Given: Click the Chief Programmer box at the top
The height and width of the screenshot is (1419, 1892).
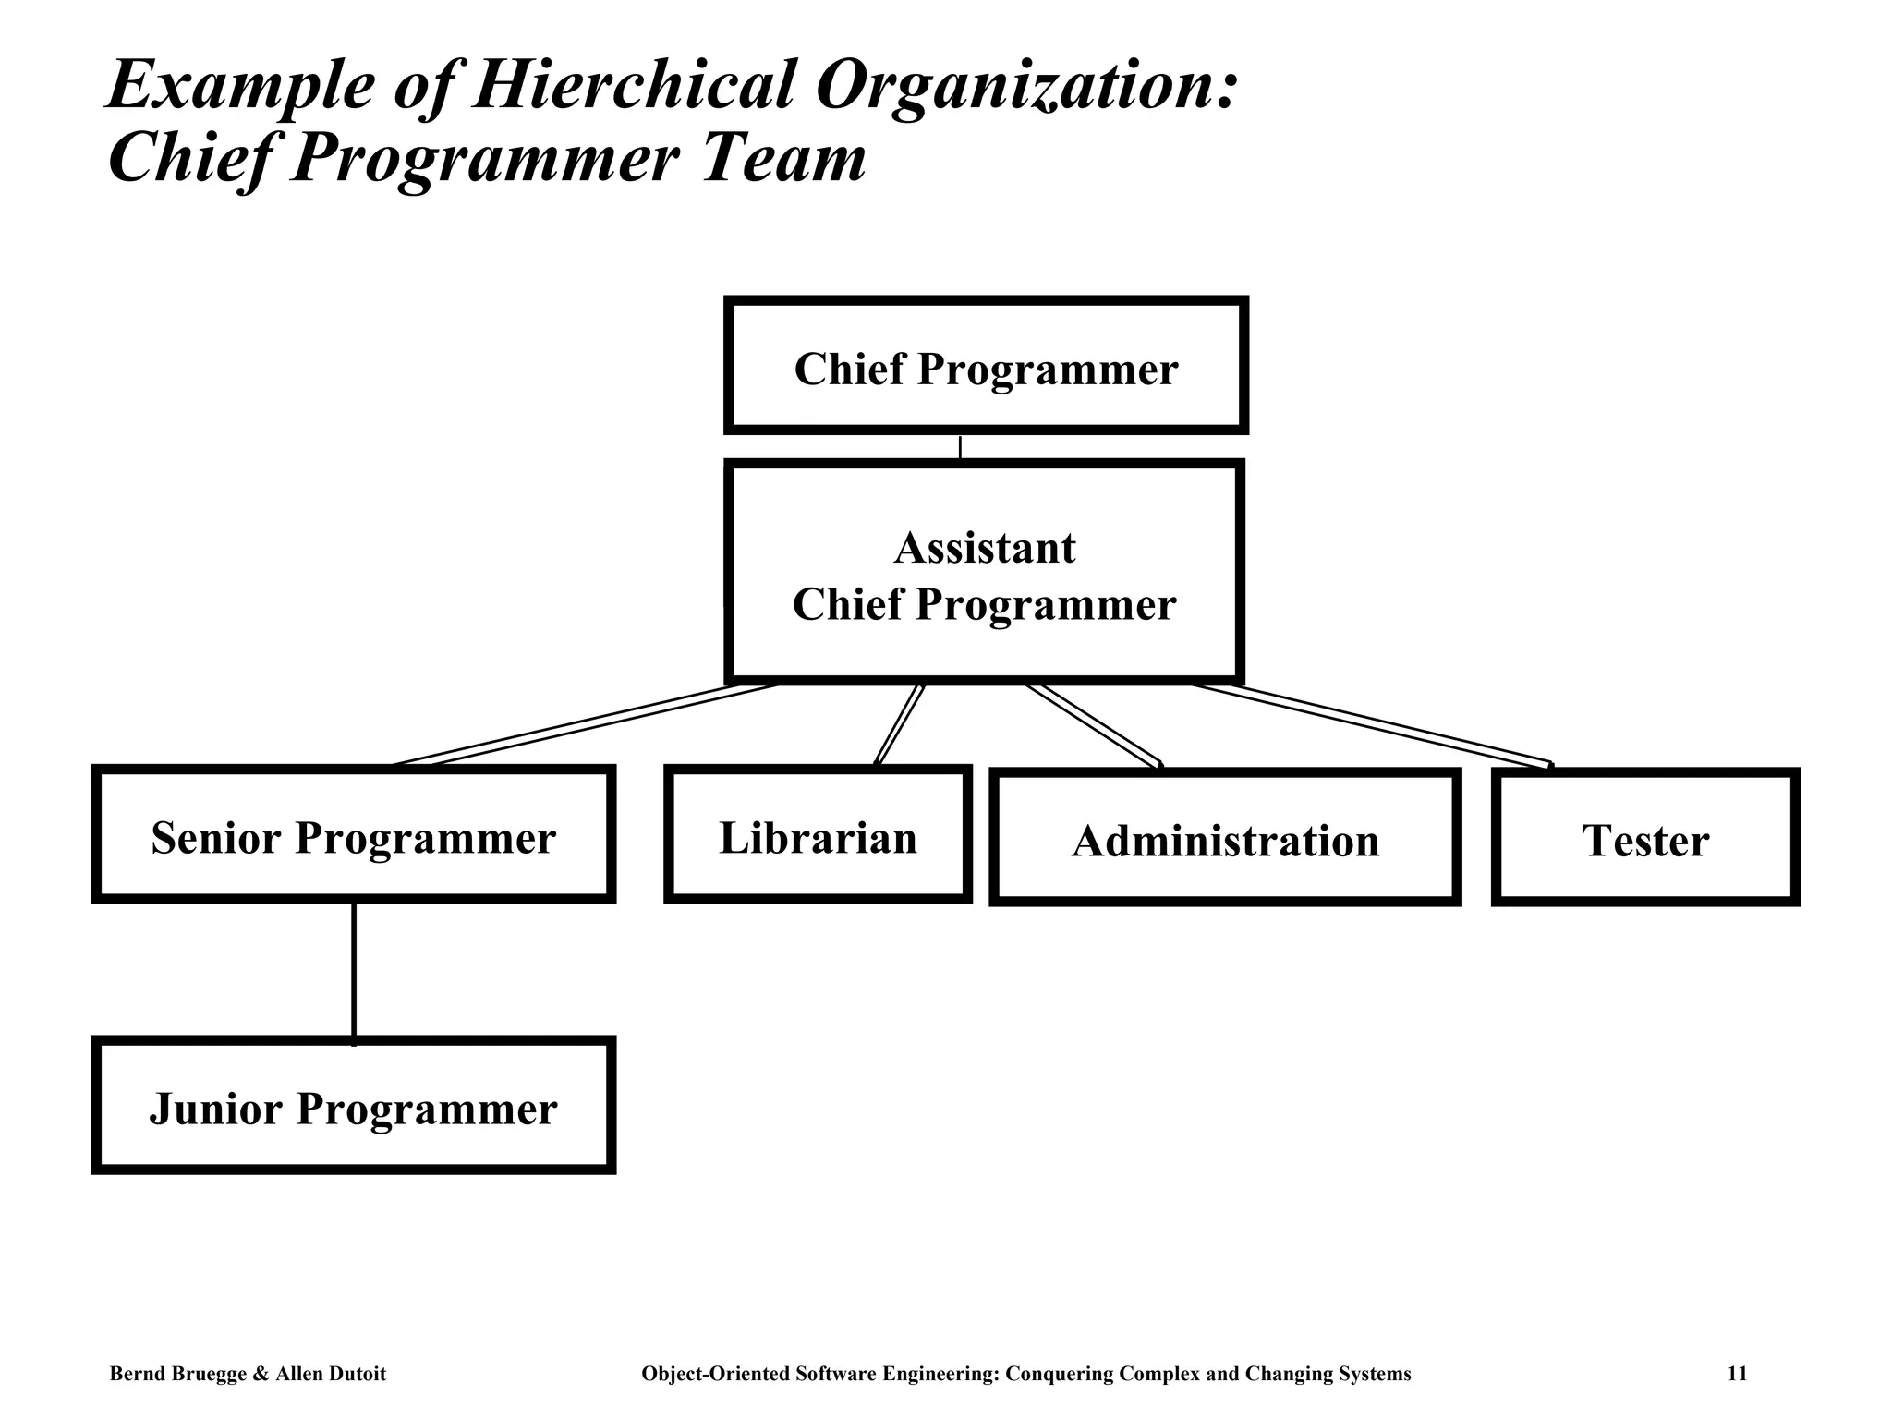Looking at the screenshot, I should [x=986, y=366].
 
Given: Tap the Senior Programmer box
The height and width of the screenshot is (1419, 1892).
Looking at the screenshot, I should [x=354, y=835].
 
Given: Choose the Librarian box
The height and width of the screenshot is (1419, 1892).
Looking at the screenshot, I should [x=818, y=835].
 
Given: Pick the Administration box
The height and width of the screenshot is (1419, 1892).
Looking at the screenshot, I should [x=1225, y=838].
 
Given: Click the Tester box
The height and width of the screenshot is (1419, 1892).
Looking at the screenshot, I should [x=1645, y=838].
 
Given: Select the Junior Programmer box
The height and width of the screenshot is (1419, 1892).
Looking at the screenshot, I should [x=354, y=1106].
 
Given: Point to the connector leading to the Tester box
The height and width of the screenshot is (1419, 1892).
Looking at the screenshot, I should [x=1372, y=724].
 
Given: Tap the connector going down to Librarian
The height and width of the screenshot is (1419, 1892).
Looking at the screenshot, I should [x=899, y=724].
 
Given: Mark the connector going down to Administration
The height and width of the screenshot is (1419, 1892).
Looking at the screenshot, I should [x=1095, y=725].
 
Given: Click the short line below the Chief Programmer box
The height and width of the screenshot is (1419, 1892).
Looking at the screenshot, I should [x=960, y=448].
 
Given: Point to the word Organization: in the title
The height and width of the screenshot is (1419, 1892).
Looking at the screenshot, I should [x=1025, y=86].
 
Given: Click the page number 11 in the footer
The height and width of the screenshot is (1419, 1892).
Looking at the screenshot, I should [x=1737, y=1374].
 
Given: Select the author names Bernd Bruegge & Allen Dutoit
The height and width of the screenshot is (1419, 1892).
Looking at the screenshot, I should [x=248, y=1374].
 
